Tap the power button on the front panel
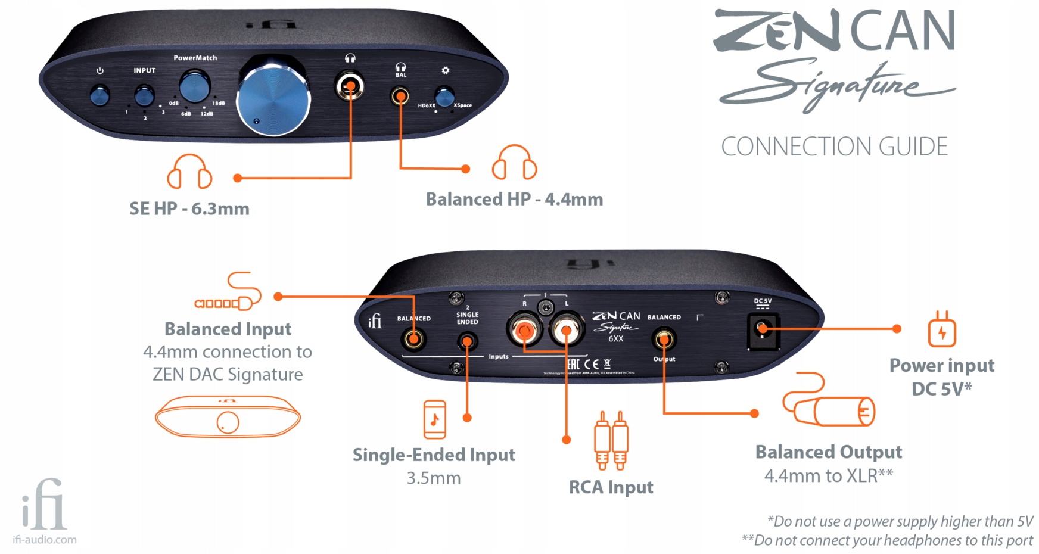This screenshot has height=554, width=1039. point(100,95)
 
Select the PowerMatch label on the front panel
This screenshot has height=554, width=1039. point(195,58)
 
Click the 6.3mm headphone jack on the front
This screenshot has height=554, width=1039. point(350,87)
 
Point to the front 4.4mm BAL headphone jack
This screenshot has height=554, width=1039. point(400,96)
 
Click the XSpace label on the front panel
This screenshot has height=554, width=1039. point(462,105)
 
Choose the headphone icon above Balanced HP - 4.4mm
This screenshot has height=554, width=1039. point(514,162)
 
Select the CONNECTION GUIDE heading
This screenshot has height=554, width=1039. point(834,147)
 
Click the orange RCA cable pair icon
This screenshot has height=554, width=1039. point(611,441)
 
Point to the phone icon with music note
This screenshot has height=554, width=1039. point(434,419)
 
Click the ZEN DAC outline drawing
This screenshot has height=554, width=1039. point(228,416)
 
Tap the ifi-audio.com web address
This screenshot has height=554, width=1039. point(45,540)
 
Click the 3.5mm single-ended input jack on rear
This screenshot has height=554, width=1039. point(467,342)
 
